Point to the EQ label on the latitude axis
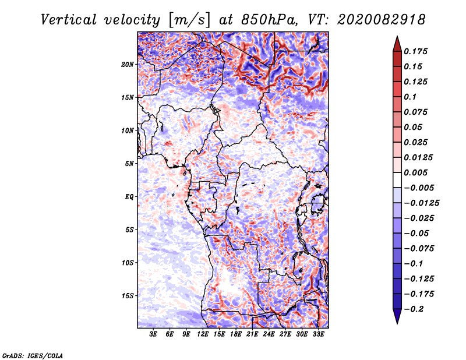pyautogui.click(x=129, y=197)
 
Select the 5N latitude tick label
pyautogui.click(x=129, y=164)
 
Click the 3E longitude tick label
pyautogui.click(x=153, y=334)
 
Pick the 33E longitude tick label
pyautogui.click(x=319, y=334)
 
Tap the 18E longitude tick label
pyautogui.click(x=236, y=334)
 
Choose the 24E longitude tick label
pyautogui.click(x=269, y=334)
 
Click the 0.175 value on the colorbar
pyautogui.click(x=417, y=51)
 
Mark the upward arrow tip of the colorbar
pyautogui.click(x=397, y=37)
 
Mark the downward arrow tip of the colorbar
pyautogui.click(x=397, y=323)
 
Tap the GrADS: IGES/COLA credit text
pyautogui.click(x=33, y=355)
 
